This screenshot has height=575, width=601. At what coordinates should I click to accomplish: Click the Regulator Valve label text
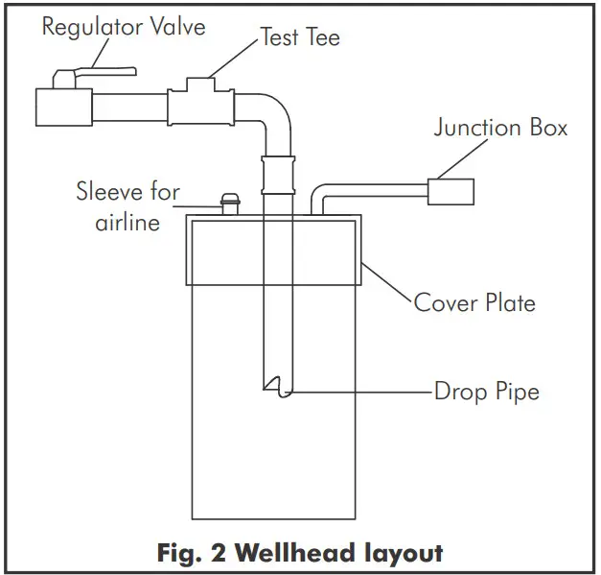[123, 26]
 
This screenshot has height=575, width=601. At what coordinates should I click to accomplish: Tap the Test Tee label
[299, 38]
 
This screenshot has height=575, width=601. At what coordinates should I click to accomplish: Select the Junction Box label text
[500, 128]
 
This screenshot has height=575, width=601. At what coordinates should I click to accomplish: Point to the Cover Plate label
[474, 303]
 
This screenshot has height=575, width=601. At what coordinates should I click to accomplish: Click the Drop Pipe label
[486, 392]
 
